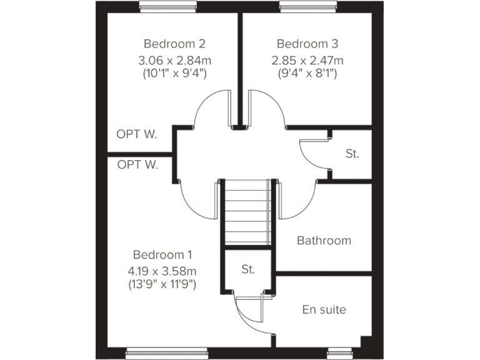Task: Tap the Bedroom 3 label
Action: click(307, 44)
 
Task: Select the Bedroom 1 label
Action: click(162, 255)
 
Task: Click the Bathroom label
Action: click(324, 241)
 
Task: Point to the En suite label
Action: click(324, 309)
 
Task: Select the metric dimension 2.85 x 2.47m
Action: click(307, 61)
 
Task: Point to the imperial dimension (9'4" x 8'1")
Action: click(307, 74)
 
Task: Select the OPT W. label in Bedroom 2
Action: click(137, 134)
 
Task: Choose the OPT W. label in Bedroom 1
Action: click(137, 165)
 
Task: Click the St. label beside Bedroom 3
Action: click(352, 154)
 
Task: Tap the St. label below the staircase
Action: click(248, 270)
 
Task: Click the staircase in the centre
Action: click(248, 212)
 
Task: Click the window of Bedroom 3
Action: click(307, 8)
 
